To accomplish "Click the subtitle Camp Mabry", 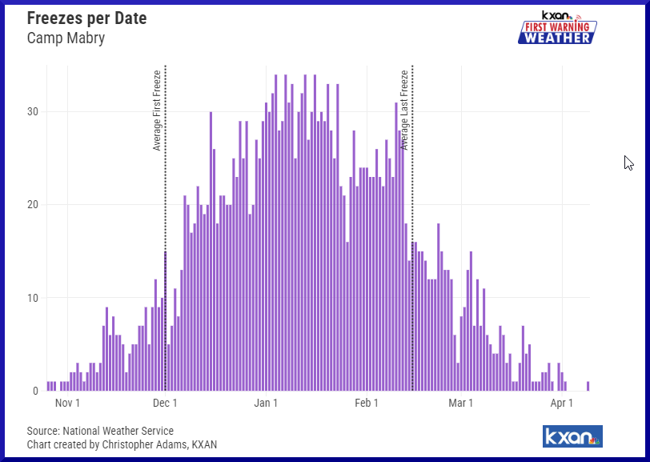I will click(66, 38).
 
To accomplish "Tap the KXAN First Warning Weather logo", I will click(557, 28).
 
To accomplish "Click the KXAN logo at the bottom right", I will click(572, 436).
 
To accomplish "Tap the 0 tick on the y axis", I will click(34, 391).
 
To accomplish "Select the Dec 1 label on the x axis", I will click(165, 404).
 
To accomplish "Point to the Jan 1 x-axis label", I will click(265, 404).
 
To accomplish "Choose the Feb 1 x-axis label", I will click(366, 404).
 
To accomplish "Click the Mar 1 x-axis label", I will click(460, 404).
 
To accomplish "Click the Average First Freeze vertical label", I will click(157, 110).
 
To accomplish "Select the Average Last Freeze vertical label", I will click(404, 110).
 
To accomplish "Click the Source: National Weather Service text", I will click(100, 431).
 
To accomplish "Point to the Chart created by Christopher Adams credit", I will click(122, 444).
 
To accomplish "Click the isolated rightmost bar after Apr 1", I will click(588, 386).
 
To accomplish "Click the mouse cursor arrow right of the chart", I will click(628, 163).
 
